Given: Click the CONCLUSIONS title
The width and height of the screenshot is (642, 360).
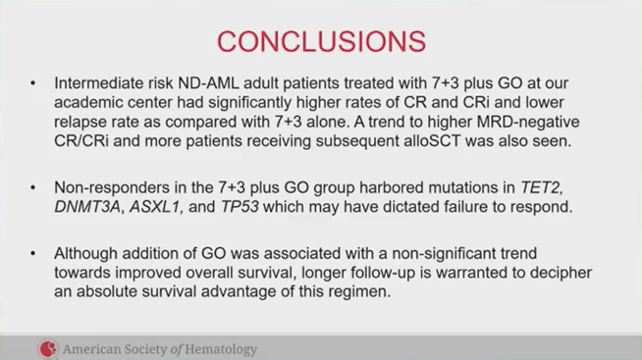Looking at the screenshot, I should coord(321,40).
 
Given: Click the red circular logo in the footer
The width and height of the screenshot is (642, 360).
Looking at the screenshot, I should coord(48,348).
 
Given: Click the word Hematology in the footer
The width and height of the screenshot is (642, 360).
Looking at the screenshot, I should coord(219,348).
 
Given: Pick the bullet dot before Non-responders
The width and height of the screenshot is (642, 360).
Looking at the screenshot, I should coord(34,187).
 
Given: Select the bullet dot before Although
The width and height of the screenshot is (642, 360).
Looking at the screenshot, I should coord(34,253).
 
